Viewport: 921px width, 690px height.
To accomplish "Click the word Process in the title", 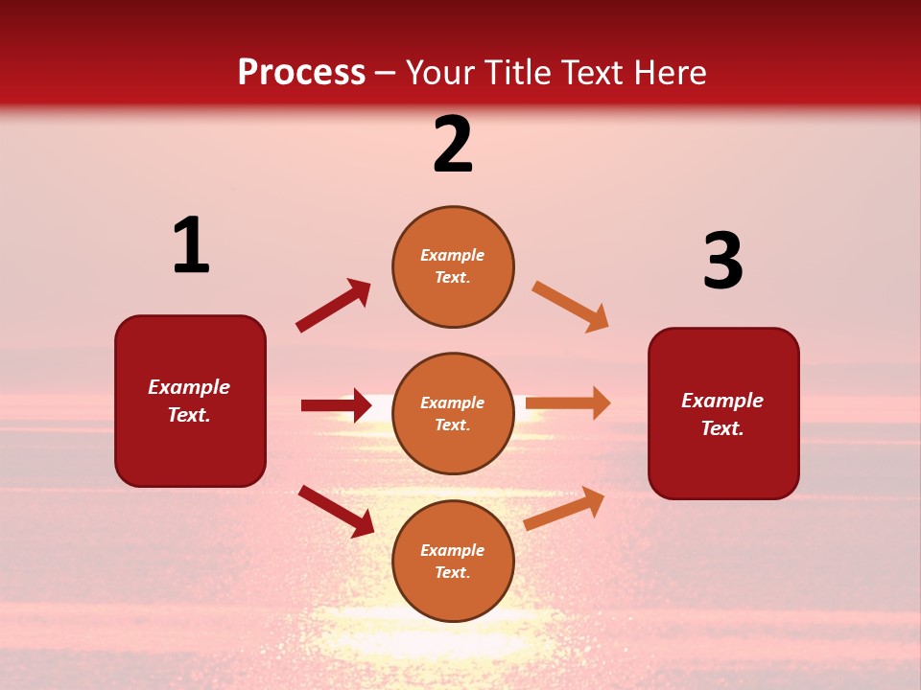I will point(301,73).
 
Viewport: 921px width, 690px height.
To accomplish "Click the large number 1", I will point(191,246).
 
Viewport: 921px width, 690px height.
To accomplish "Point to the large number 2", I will point(453,146).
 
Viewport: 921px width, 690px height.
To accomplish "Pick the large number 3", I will point(722,262).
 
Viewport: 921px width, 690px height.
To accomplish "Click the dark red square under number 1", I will point(190,401).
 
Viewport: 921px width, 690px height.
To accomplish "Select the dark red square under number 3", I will point(723,414).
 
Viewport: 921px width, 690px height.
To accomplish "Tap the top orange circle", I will point(453,266).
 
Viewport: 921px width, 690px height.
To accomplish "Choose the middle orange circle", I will point(453,414).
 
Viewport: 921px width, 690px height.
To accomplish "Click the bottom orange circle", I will point(453,562).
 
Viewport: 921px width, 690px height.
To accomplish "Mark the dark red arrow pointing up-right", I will point(334,306).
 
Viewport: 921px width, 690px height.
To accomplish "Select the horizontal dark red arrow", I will point(336,405).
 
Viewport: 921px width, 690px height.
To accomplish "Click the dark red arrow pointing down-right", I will point(336,511).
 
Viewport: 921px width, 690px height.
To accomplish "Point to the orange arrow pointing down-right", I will point(571,307).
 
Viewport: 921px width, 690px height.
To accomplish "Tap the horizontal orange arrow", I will point(568,402).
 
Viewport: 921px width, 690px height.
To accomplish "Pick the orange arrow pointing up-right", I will point(564,509).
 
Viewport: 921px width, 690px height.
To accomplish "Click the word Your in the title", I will point(438,73).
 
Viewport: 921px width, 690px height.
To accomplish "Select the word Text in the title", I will point(594,73).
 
